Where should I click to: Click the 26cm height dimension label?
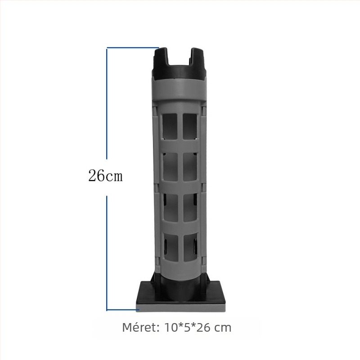(x=105, y=175)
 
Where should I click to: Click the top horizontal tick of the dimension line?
(x=133, y=48)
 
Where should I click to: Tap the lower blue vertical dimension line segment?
(x=107, y=253)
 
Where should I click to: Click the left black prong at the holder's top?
(x=161, y=58)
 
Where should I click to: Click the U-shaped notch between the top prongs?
(x=180, y=62)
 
